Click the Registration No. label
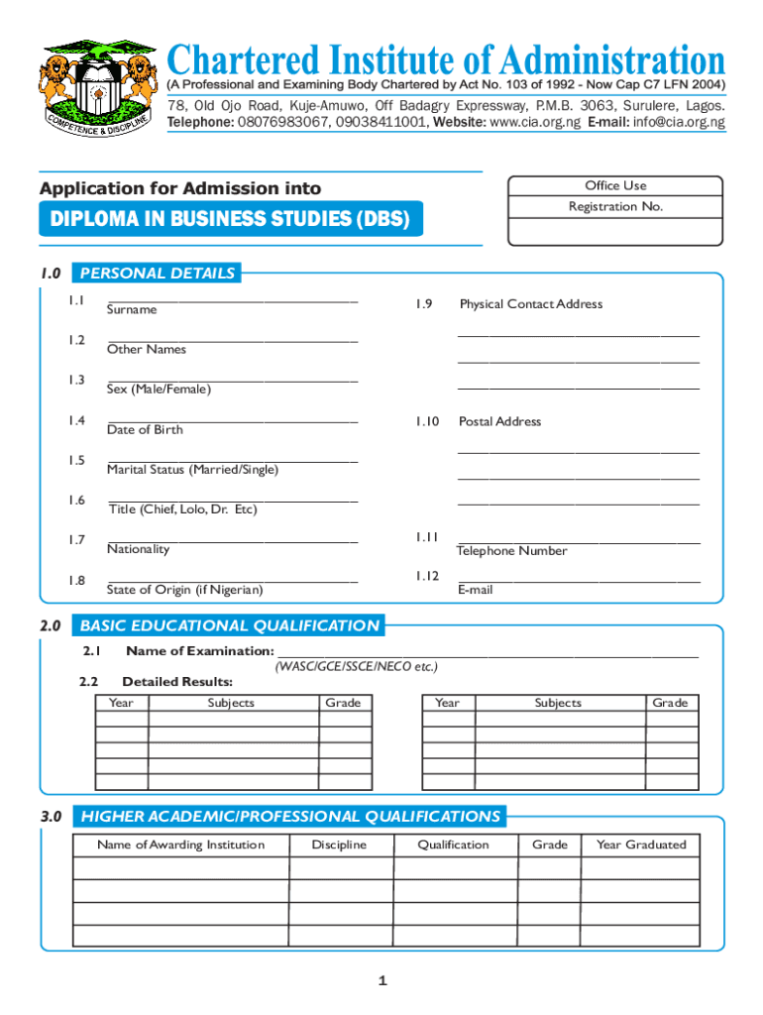(x=615, y=207)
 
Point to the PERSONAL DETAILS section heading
(x=158, y=274)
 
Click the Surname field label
(x=132, y=310)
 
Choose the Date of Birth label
(x=145, y=430)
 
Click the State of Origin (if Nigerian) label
(x=185, y=590)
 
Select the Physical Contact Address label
(x=530, y=304)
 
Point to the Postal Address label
(x=499, y=422)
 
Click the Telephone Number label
(x=511, y=551)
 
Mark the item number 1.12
(x=427, y=576)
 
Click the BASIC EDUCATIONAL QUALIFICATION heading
(x=229, y=625)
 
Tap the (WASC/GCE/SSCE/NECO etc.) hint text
(x=356, y=667)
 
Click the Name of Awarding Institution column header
(x=180, y=846)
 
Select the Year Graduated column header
(x=640, y=846)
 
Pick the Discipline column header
(x=339, y=846)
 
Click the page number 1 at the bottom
(x=381, y=981)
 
